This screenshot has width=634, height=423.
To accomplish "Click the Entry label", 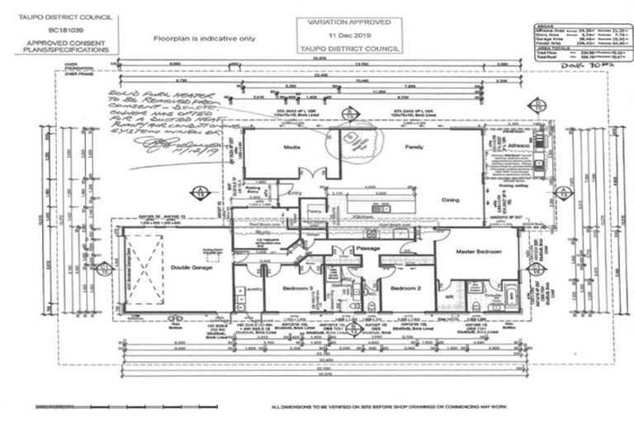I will tap(296, 195).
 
